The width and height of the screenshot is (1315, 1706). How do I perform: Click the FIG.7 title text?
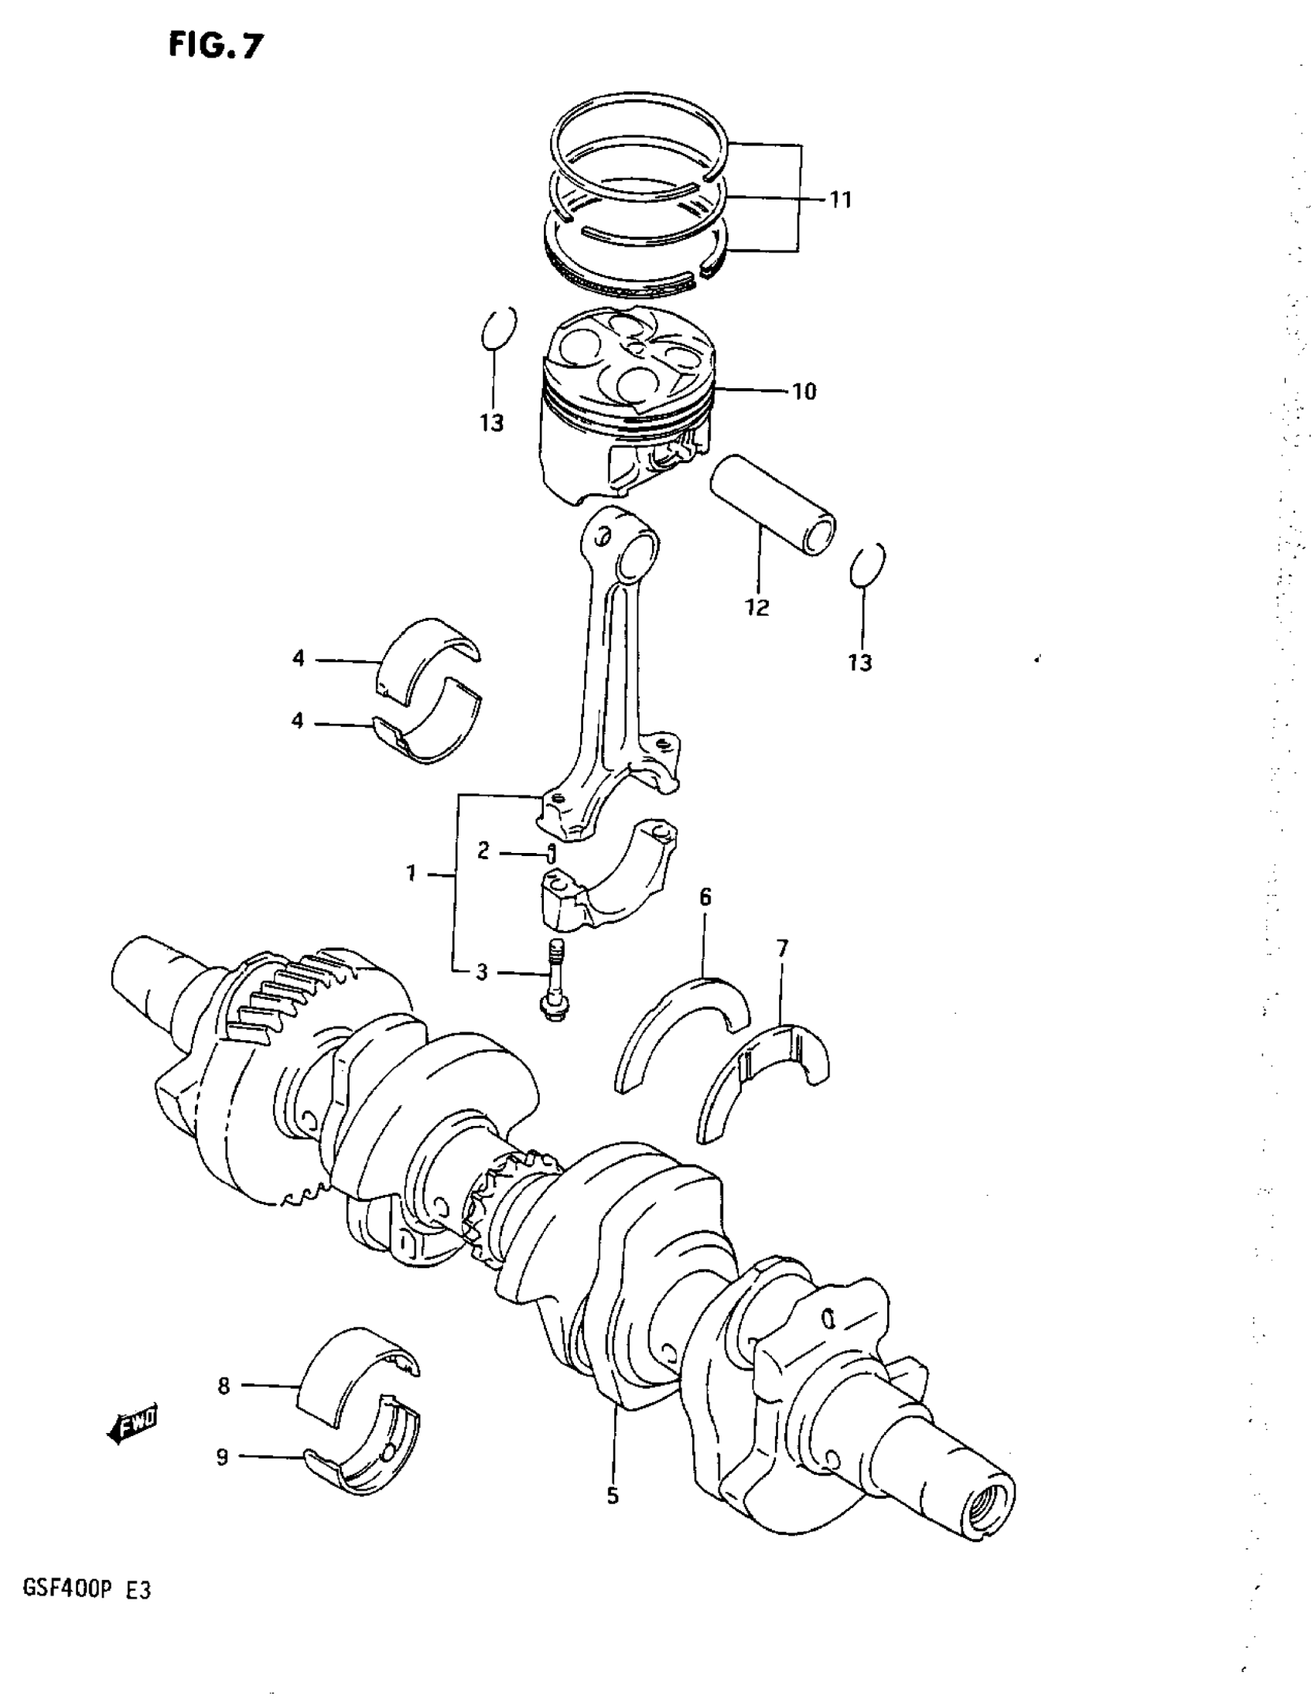tap(217, 46)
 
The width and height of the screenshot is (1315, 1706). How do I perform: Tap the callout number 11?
tap(840, 200)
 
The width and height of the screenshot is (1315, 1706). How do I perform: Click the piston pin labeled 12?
tap(772, 507)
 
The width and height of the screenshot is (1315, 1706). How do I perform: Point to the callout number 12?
tap(757, 607)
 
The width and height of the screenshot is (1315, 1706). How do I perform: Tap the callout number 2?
tap(483, 851)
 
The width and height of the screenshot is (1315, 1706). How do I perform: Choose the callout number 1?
tap(411, 872)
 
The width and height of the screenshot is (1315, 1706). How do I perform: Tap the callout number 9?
tap(223, 1457)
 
